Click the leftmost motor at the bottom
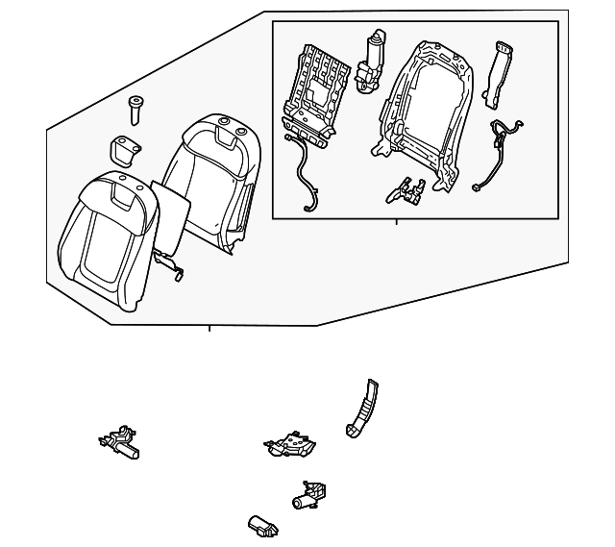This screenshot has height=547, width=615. pyautogui.click(x=119, y=442)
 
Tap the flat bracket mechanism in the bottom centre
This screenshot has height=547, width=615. pyautogui.click(x=291, y=444)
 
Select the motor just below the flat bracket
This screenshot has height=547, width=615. pyautogui.click(x=309, y=495)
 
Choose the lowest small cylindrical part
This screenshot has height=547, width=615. pyautogui.click(x=261, y=525)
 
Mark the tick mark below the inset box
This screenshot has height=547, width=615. pyautogui.click(x=396, y=222)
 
